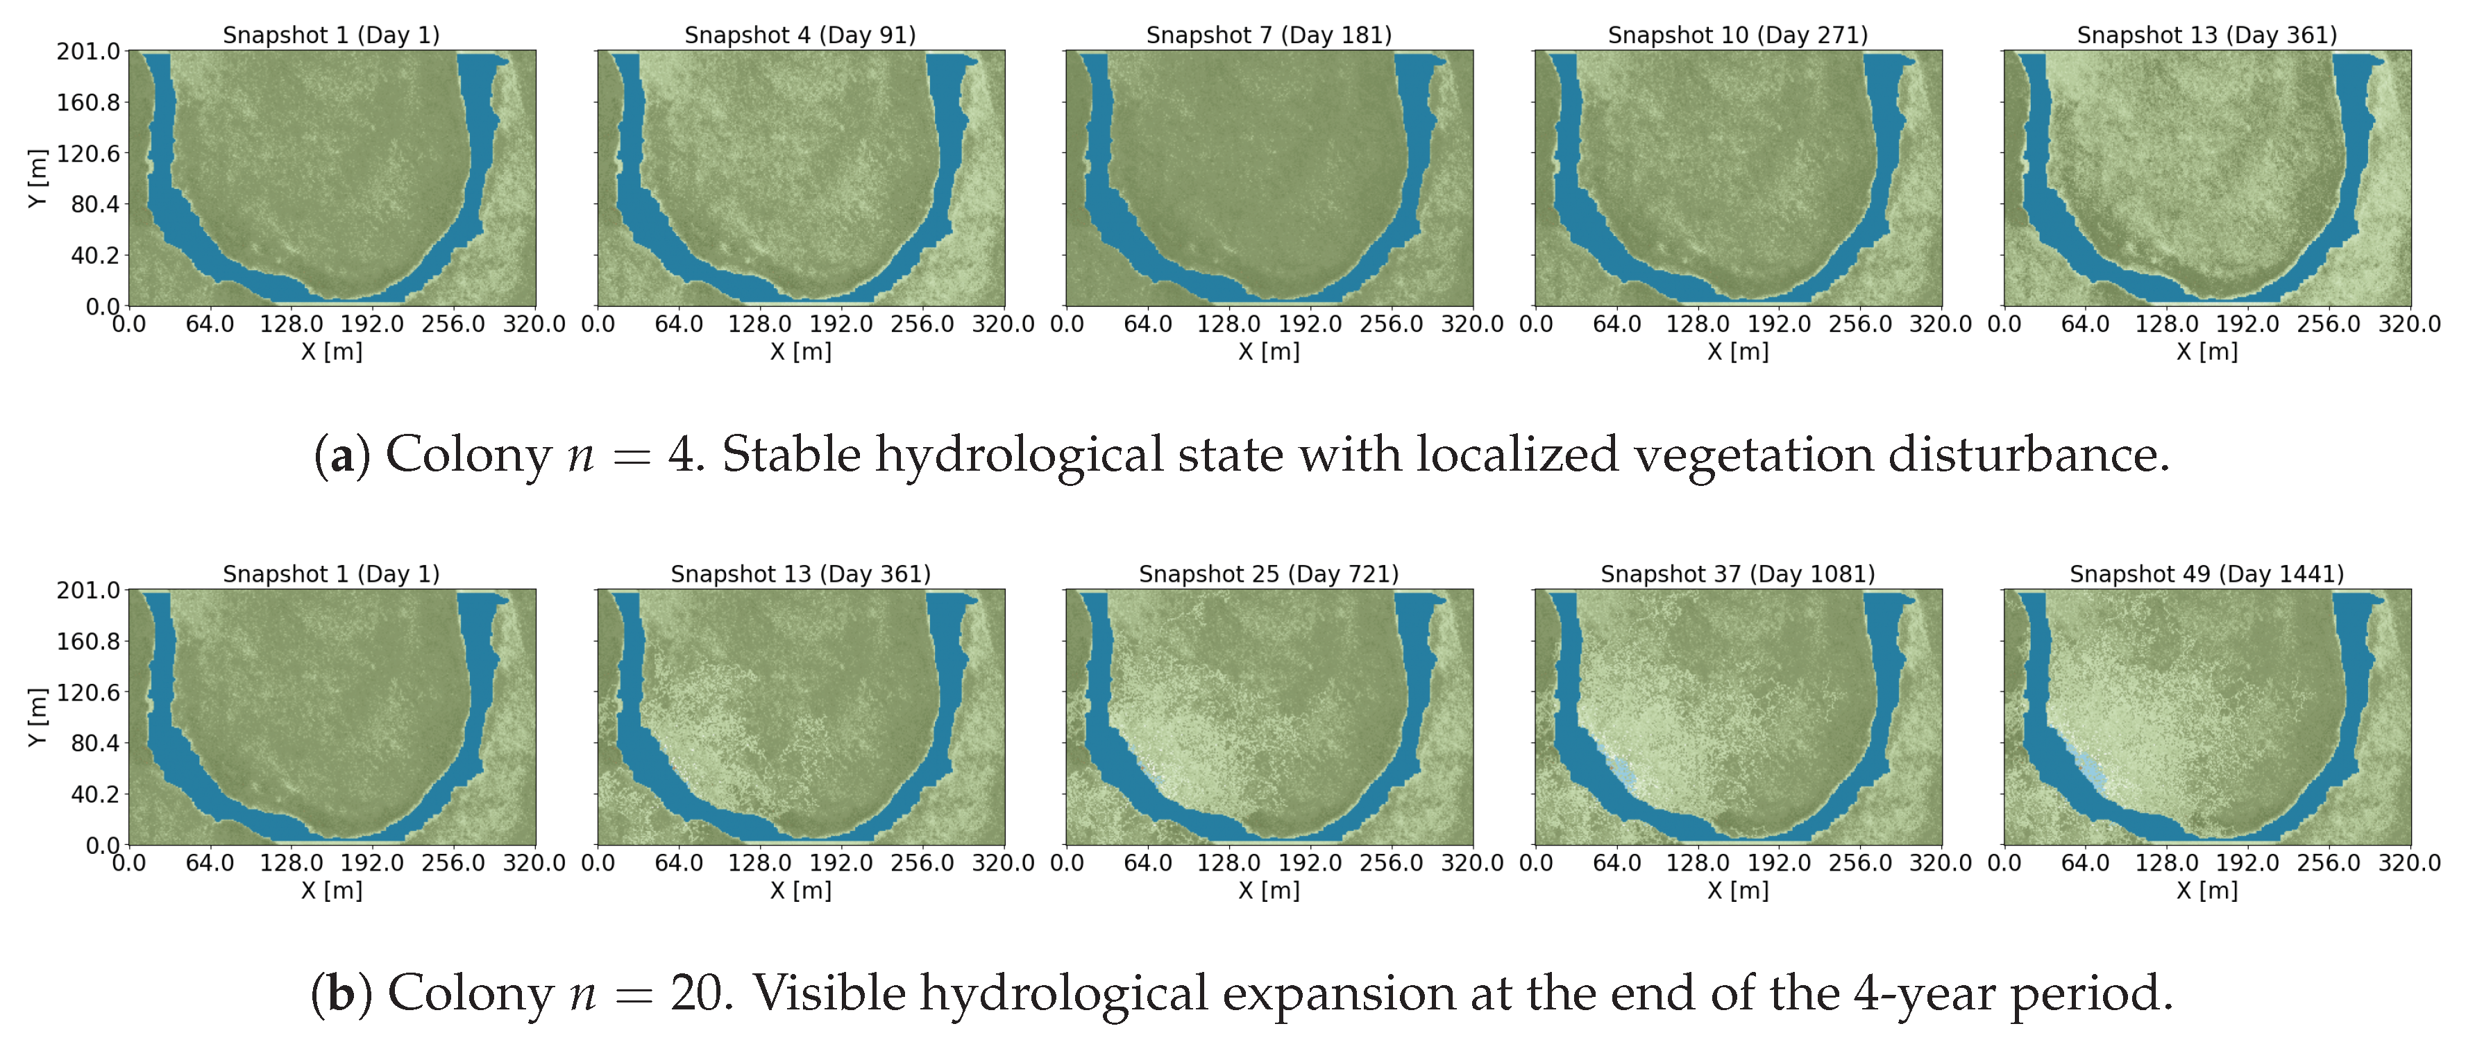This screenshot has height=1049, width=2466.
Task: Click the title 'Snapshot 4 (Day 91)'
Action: [x=800, y=35]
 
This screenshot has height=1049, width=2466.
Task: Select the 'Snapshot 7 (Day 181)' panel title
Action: [x=1269, y=35]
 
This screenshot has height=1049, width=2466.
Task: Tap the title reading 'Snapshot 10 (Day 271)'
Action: [x=1737, y=35]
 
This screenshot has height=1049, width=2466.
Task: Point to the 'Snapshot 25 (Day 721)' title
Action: [x=1269, y=574]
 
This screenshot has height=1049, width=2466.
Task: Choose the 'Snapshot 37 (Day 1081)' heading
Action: [x=1737, y=574]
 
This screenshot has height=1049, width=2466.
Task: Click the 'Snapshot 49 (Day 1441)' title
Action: [x=2206, y=574]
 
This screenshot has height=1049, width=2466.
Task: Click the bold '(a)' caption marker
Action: [x=341, y=455]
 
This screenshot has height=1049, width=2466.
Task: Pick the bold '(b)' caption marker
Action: [x=341, y=993]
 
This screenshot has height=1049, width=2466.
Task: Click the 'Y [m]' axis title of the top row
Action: [x=36, y=178]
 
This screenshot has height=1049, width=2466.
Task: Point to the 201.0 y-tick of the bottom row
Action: [x=88, y=591]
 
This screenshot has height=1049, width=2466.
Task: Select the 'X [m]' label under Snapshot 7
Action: [x=1269, y=352]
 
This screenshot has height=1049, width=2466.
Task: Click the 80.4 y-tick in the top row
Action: [x=95, y=204]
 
